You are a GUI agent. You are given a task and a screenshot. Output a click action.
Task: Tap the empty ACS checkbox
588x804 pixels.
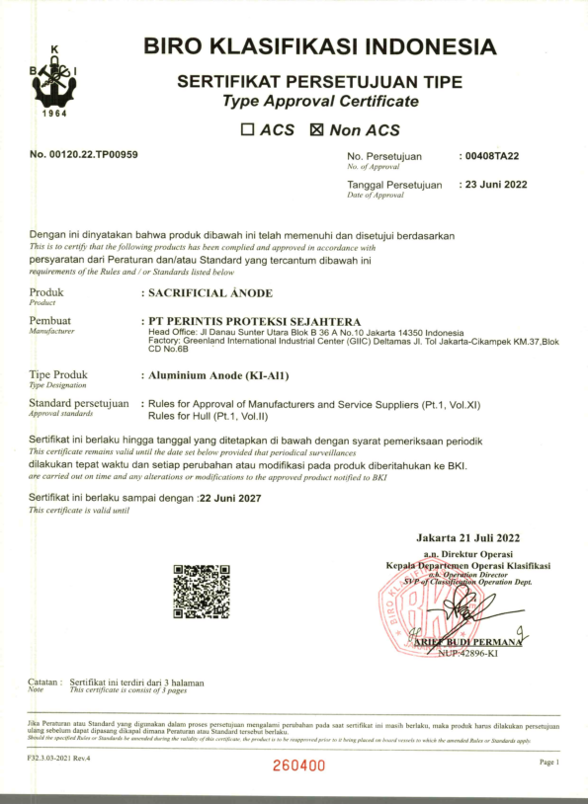248,129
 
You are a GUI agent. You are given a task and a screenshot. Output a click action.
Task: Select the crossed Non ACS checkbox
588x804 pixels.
316,129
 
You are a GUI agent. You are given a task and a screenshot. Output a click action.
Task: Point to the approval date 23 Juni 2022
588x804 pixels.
497,185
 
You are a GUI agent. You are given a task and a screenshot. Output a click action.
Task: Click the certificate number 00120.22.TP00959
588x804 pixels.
84,155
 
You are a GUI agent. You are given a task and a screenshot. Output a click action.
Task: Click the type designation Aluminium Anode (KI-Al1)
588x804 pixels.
224,376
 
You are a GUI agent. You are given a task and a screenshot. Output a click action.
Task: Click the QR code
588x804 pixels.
201,592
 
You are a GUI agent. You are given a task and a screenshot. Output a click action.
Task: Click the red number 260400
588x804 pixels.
298,765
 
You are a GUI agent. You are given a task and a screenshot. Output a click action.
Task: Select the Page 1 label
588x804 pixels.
549,763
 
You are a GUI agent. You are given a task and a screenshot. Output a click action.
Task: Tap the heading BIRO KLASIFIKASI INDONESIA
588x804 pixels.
319,46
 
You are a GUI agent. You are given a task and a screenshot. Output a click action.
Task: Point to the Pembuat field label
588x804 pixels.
50,321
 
